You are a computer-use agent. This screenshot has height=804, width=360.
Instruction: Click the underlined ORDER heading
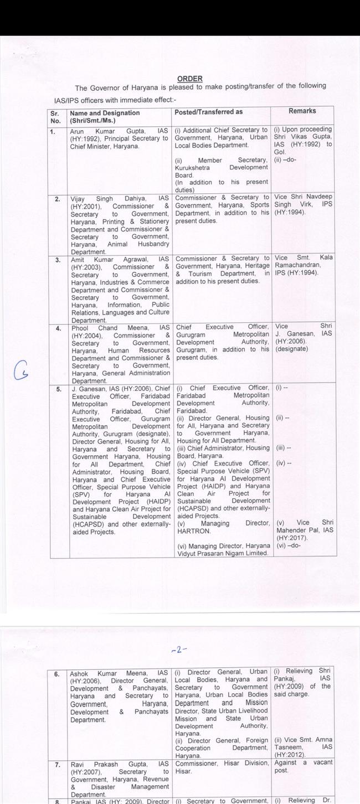[190, 79]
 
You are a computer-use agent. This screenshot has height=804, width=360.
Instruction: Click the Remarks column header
[302, 111]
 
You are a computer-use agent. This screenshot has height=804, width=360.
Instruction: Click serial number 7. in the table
[54, 763]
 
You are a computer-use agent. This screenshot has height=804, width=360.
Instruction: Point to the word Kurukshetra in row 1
[193, 167]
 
